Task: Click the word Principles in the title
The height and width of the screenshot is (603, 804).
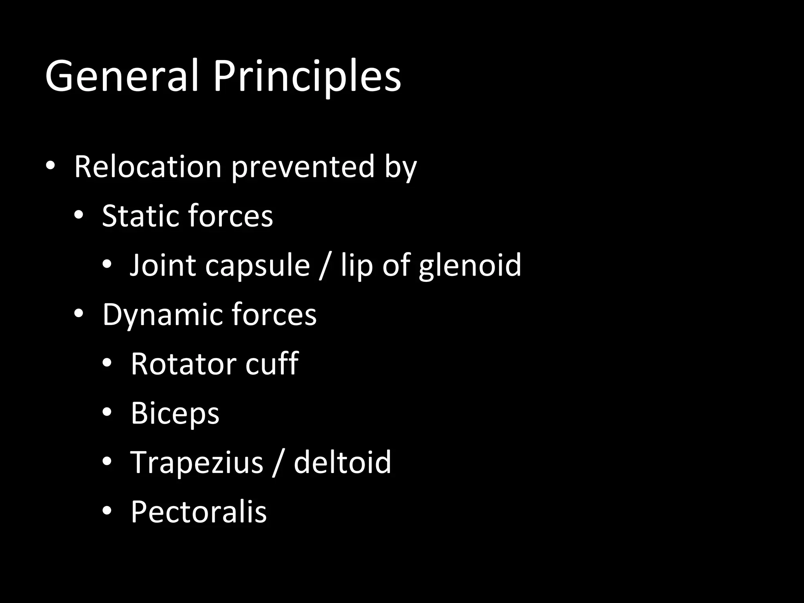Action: [x=307, y=77]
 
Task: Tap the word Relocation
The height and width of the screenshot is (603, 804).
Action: [x=148, y=167]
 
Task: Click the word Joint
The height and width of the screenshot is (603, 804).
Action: [x=163, y=265]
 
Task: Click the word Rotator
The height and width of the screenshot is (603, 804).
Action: [x=183, y=364]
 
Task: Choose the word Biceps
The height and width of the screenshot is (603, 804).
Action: [x=175, y=413]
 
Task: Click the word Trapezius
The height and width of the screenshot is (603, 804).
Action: [x=197, y=462]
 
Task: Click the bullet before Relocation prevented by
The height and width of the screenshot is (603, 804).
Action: [x=50, y=166]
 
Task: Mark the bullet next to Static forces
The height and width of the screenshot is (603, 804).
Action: [x=79, y=215]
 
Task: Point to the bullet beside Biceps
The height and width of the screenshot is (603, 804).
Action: [x=107, y=412]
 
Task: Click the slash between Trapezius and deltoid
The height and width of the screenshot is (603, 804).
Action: [x=278, y=462]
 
